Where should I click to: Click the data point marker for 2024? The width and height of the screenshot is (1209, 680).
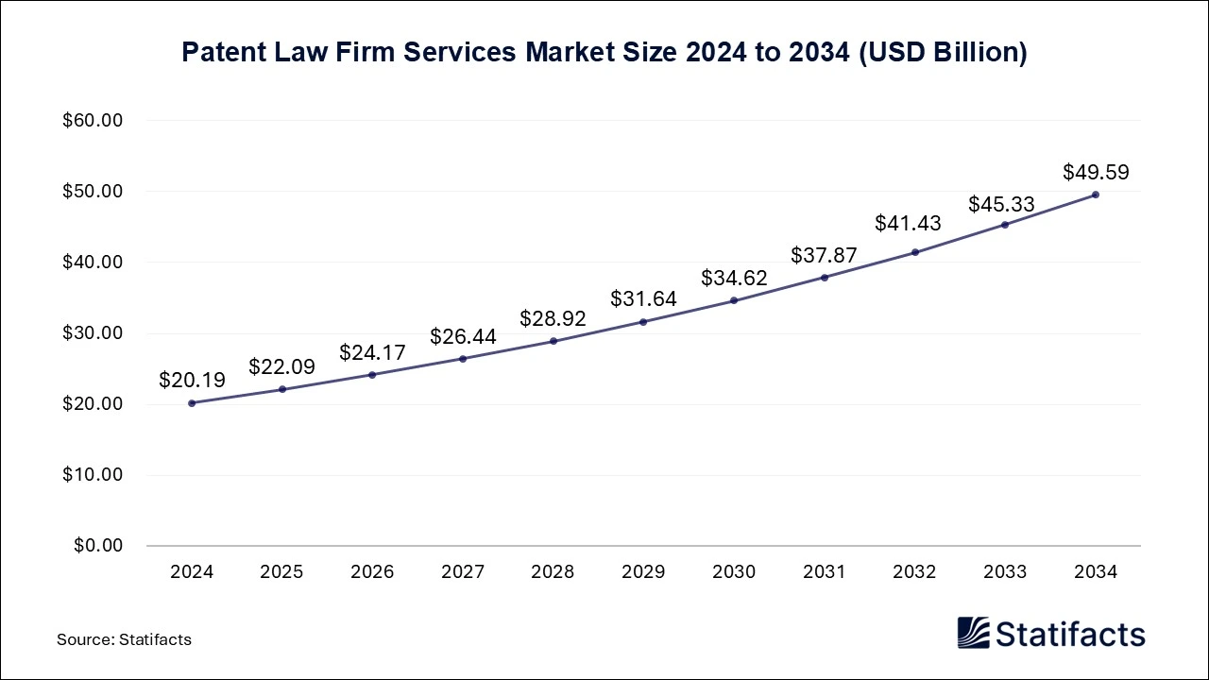click(192, 403)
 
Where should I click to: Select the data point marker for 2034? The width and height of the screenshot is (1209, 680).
click(1096, 195)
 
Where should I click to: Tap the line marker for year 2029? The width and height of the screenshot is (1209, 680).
click(643, 322)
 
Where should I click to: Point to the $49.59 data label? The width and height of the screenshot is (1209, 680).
click(1096, 172)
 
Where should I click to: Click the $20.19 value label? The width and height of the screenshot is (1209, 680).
click(192, 381)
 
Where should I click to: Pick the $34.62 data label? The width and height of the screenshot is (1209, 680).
click(734, 278)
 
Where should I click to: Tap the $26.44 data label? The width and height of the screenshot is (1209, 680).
click(463, 336)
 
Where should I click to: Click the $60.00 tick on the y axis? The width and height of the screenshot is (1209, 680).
click(94, 121)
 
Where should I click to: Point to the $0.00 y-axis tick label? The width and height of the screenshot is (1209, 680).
click(97, 546)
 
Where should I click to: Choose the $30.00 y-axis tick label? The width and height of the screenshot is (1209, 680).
click(94, 333)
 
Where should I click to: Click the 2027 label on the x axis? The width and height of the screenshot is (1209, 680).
click(463, 572)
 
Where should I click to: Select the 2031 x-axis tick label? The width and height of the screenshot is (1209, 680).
click(825, 572)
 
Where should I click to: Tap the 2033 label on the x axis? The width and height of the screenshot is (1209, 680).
click(1005, 572)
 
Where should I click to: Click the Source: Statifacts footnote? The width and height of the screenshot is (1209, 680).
click(124, 639)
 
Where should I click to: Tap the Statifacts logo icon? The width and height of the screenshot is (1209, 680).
click(973, 633)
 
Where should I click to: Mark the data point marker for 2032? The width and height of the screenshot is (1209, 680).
click(914, 252)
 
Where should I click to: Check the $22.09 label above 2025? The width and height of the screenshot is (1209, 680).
click(281, 366)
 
